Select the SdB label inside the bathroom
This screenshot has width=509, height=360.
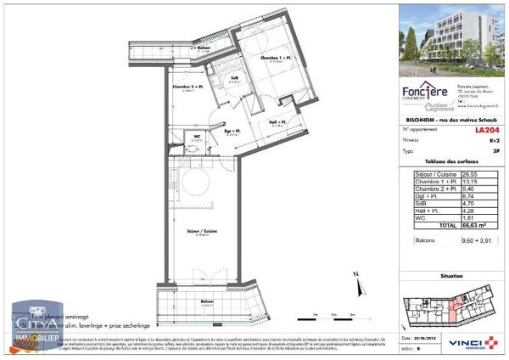pos(236,78)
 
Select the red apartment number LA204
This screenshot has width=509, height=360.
pos(485,130)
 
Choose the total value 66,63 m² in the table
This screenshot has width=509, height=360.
pos(485,225)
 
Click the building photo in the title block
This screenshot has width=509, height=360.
pos(449,38)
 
